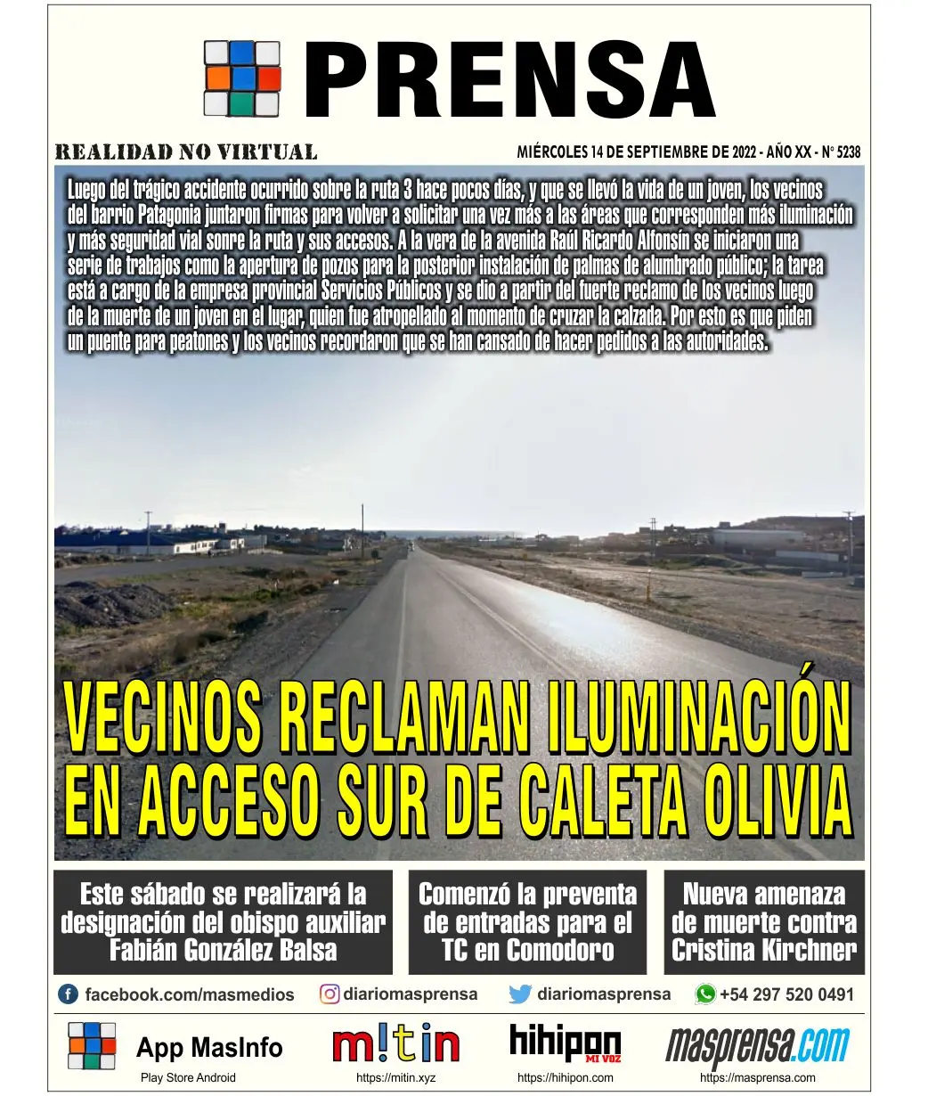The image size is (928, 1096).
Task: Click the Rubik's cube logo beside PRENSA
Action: point(240,78)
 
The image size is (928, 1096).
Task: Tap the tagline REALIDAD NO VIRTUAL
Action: point(186,151)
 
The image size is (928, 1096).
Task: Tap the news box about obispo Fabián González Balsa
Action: point(223,921)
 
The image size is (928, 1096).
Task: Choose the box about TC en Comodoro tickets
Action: point(527,921)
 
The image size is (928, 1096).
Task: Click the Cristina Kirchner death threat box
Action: point(764,921)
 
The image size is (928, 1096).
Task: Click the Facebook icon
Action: point(68,994)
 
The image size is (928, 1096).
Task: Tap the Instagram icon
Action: point(330,994)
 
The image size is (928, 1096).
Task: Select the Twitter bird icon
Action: point(520,994)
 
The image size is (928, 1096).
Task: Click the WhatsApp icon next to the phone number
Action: point(705,994)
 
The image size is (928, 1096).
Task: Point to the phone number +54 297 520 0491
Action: point(786,994)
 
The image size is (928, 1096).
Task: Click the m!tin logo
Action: point(396,1045)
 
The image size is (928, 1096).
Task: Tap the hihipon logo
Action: point(565,1043)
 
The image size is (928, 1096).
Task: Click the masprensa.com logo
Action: point(757,1047)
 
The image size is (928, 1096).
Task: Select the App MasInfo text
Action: point(209,1047)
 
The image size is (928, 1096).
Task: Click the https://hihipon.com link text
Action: point(565,1077)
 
